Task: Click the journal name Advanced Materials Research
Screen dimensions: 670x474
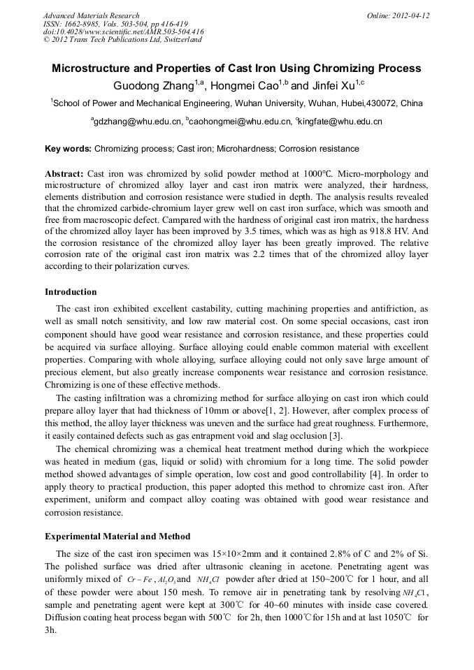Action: coord(91,15)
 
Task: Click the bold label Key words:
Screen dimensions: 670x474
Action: coord(68,149)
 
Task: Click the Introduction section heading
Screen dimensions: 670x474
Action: coord(71,291)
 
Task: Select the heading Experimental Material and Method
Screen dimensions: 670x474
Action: coord(117,536)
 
